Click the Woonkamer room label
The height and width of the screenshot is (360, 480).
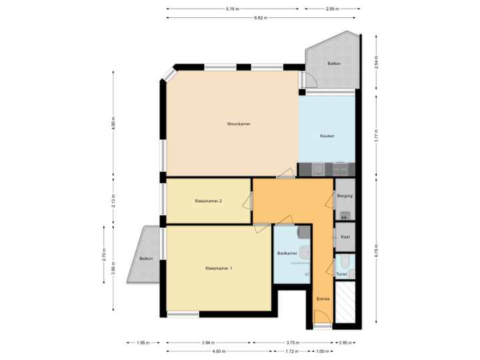[x=238, y=124]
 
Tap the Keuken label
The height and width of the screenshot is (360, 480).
[x=327, y=136]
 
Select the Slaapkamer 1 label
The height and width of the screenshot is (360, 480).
[x=219, y=268]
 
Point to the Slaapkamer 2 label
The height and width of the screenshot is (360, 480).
[x=208, y=201]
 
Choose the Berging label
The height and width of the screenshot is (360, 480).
[x=345, y=196]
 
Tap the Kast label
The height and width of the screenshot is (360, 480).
[x=345, y=237]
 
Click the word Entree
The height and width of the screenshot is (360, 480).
[x=323, y=299]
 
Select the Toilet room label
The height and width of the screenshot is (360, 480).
[x=342, y=274]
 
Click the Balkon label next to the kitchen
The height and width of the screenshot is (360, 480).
[x=333, y=63]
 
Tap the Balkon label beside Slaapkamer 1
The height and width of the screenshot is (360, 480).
[x=146, y=258]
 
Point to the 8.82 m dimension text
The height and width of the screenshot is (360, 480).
[x=260, y=18]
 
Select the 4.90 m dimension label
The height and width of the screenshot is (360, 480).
[x=113, y=125]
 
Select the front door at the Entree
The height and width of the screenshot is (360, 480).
[x=323, y=326]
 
